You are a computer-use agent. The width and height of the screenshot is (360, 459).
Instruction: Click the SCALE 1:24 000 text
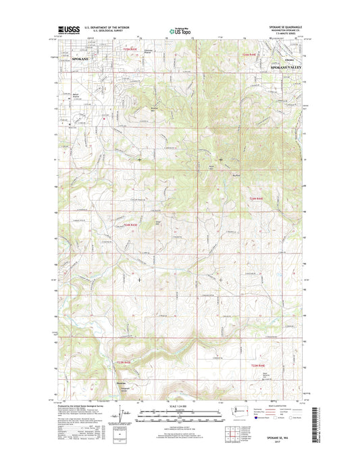(x=180, y=406)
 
